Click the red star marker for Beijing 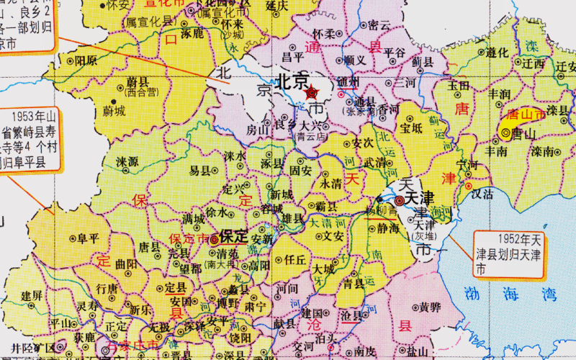[x=312, y=92]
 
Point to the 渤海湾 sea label [x=510, y=293]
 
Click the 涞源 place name [x=127, y=161]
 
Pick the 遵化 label [x=497, y=53]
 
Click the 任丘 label [x=295, y=260]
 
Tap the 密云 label [x=379, y=25]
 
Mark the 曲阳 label [x=125, y=264]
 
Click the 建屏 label [x=32, y=295]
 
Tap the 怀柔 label [x=323, y=34]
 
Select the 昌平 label [x=293, y=56]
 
